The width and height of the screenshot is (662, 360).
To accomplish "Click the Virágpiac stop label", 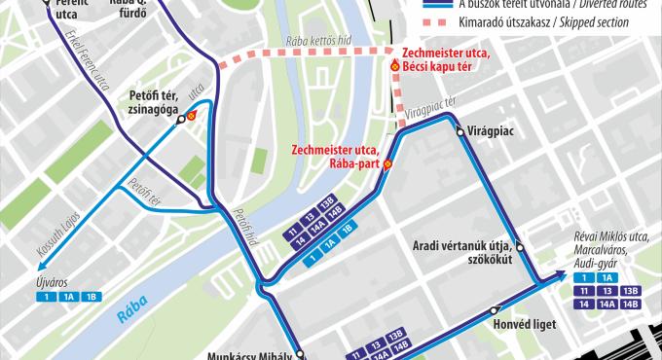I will tap(491, 129).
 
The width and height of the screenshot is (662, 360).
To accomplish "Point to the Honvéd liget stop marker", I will tap(495, 311).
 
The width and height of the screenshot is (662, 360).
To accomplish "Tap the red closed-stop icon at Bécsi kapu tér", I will tap(394, 65).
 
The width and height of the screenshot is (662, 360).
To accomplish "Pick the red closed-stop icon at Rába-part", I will tap(386, 164).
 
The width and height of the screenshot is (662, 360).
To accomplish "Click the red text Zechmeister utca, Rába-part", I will tap(335, 157).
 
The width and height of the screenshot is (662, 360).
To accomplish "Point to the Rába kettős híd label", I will tap(317, 41).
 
